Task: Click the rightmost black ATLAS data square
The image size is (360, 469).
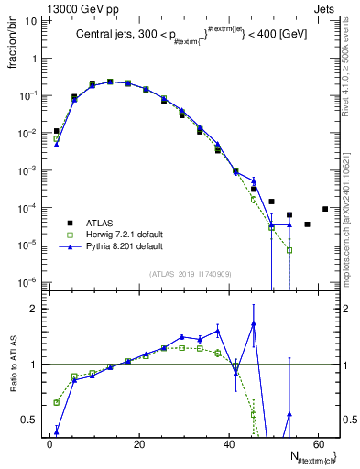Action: point(325,209)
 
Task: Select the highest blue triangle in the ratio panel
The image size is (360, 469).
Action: point(253,323)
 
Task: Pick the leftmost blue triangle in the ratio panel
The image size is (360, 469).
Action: point(57,431)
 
